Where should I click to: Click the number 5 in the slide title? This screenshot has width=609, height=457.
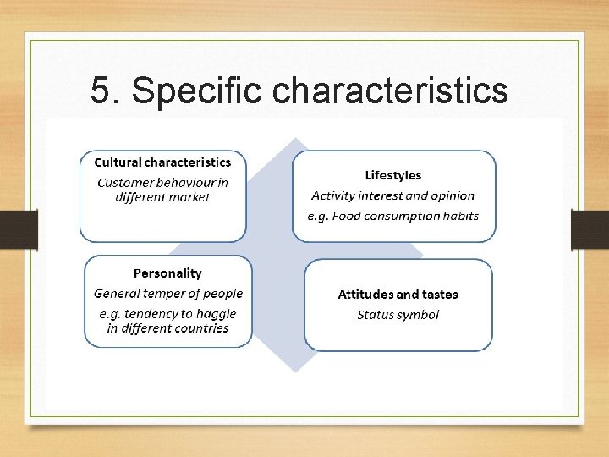click(x=100, y=91)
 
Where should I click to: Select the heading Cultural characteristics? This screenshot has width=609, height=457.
click(x=162, y=162)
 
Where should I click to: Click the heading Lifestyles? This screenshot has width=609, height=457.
click(x=392, y=175)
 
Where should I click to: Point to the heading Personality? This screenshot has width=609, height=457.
click(x=167, y=273)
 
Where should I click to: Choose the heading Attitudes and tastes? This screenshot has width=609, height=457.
click(x=398, y=295)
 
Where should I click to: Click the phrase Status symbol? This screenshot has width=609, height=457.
click(x=398, y=315)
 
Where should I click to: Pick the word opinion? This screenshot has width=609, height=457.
click(x=452, y=195)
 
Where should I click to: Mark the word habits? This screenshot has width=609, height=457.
click(x=458, y=216)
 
